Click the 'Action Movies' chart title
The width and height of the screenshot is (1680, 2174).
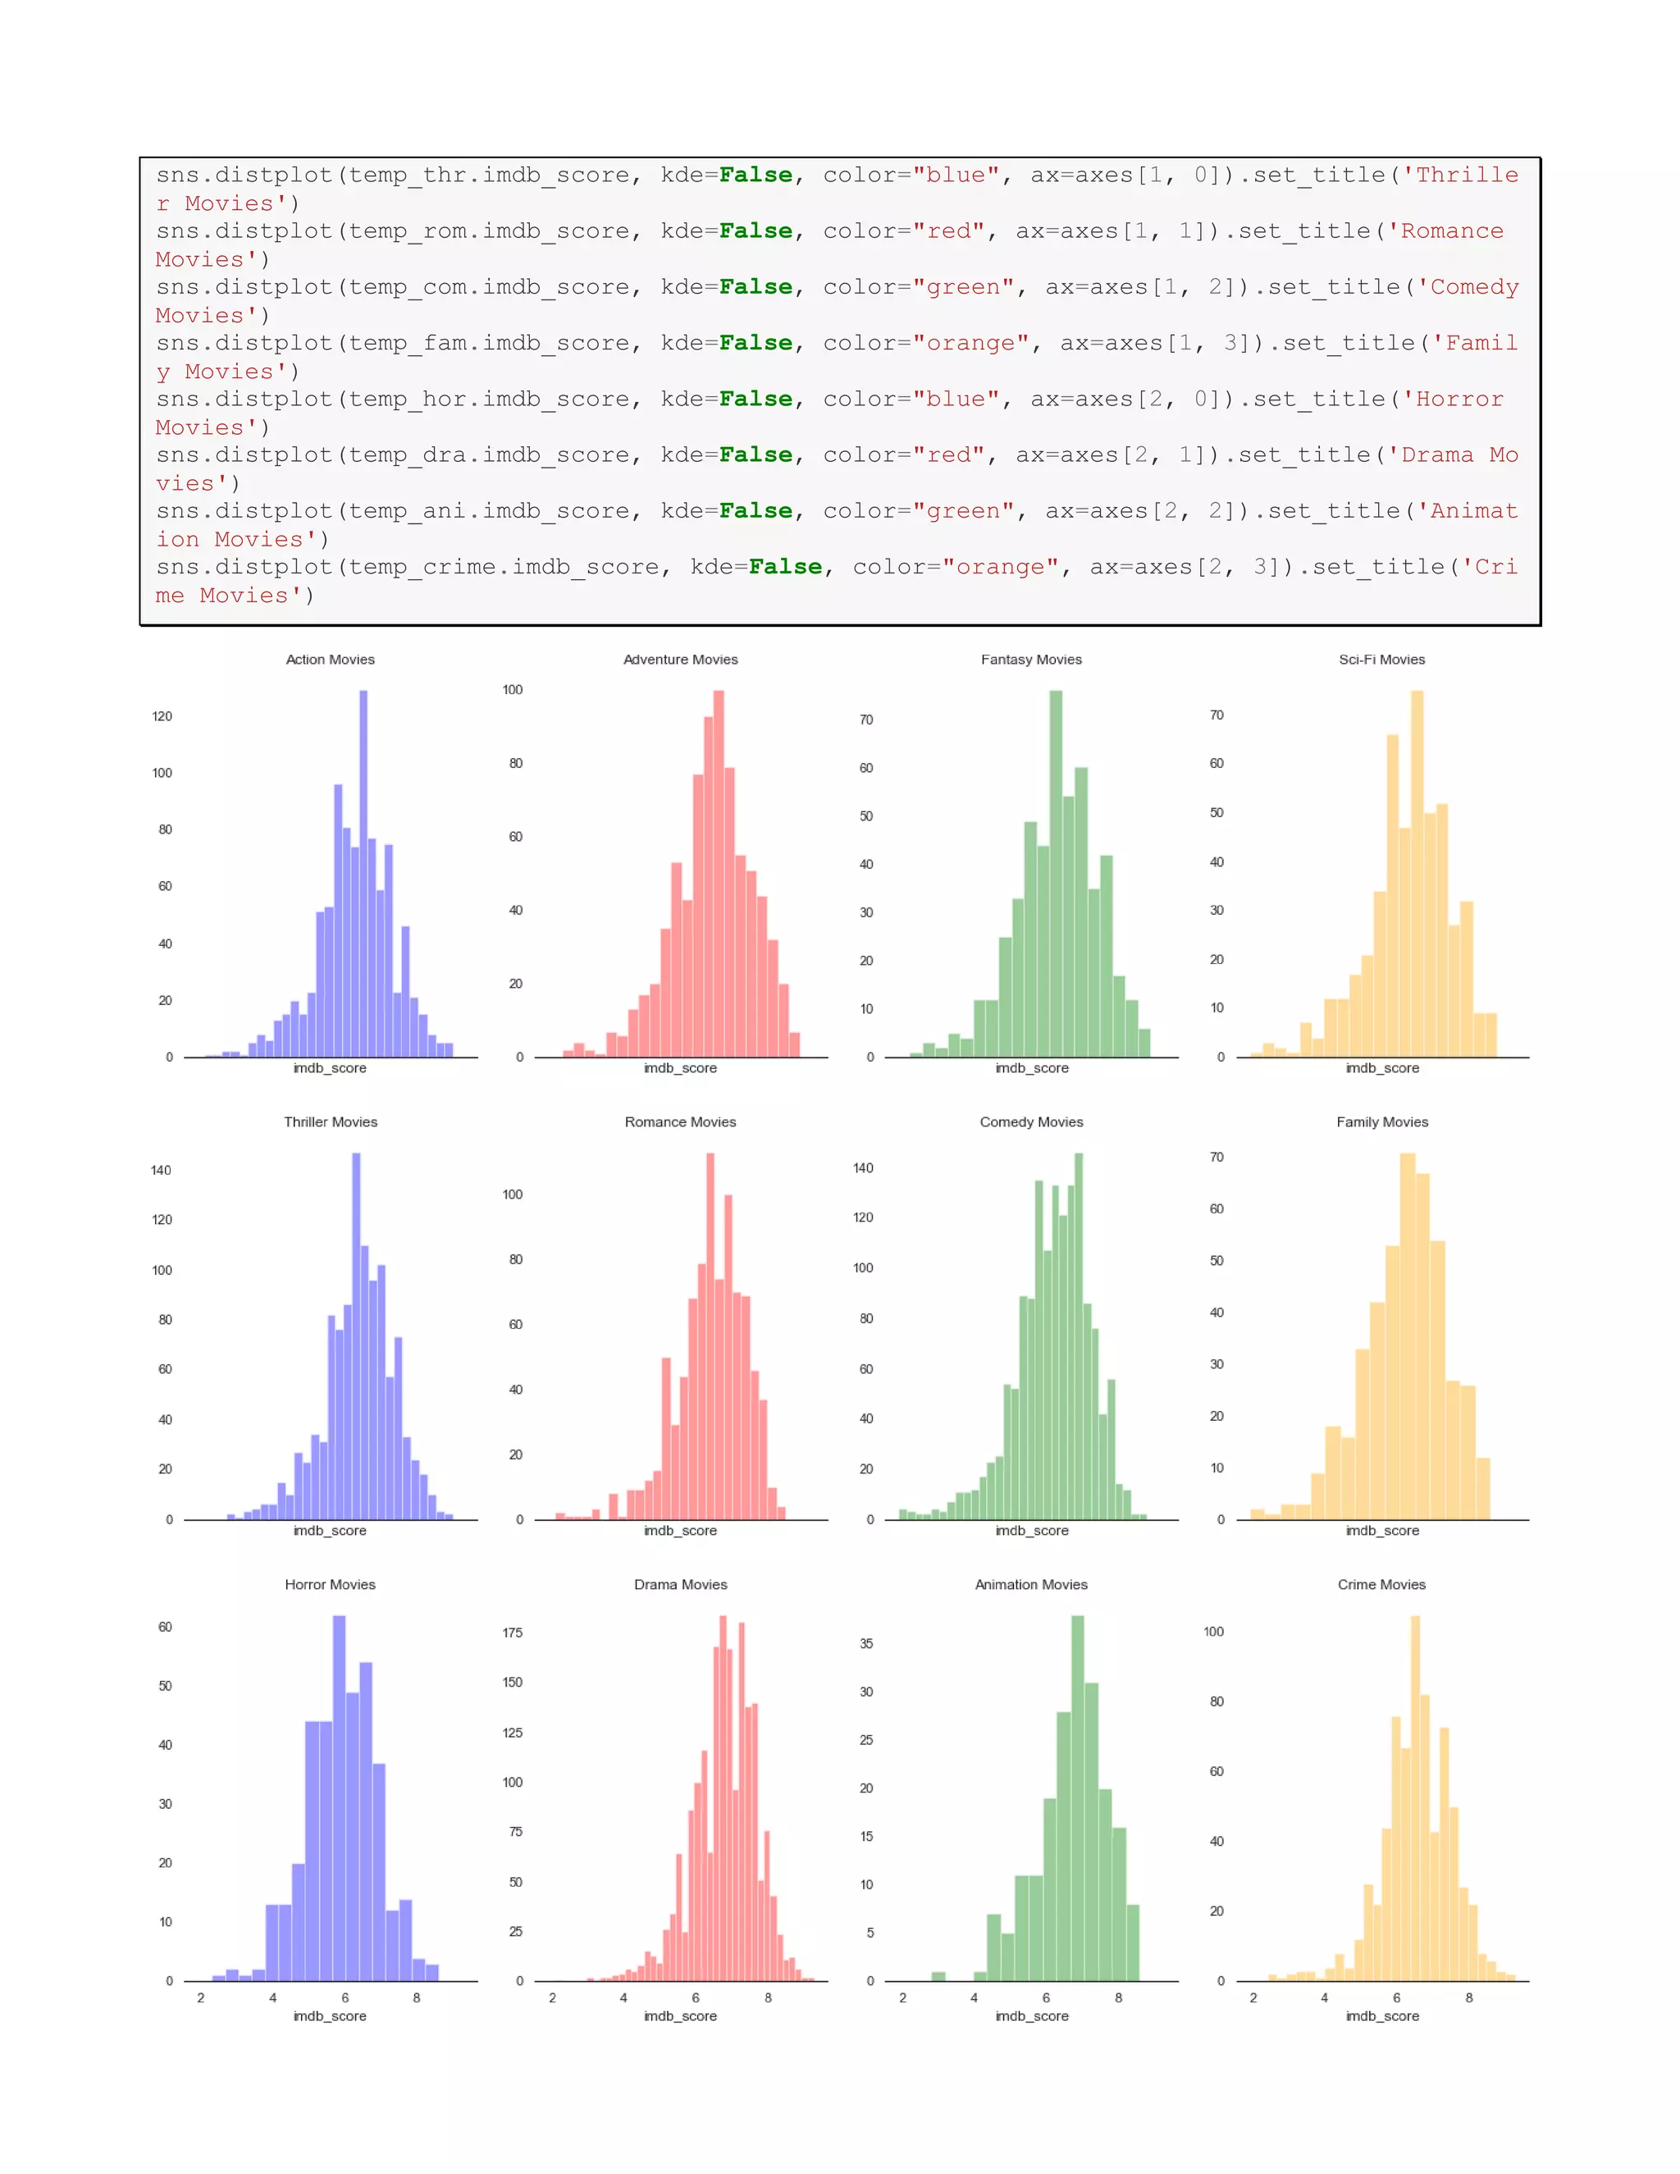(331, 659)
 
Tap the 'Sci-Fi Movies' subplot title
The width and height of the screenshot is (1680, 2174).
(1381, 659)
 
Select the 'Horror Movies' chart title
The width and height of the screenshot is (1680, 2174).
(331, 1583)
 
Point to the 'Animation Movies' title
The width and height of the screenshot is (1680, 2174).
(1031, 1583)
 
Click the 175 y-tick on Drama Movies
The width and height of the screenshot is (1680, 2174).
(513, 1633)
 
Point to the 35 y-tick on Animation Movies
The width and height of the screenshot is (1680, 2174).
(866, 1643)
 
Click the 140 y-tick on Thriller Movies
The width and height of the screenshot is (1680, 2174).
(162, 1170)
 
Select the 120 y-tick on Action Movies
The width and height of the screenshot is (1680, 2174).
(162, 715)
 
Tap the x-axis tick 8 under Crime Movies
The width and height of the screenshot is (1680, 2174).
(1469, 1997)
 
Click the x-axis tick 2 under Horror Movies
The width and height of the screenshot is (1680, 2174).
(201, 1997)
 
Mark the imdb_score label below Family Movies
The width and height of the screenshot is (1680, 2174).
(1382, 1530)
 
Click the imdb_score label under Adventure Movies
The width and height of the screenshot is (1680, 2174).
(681, 1068)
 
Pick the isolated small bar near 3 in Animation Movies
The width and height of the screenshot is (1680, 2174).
(938, 1976)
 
